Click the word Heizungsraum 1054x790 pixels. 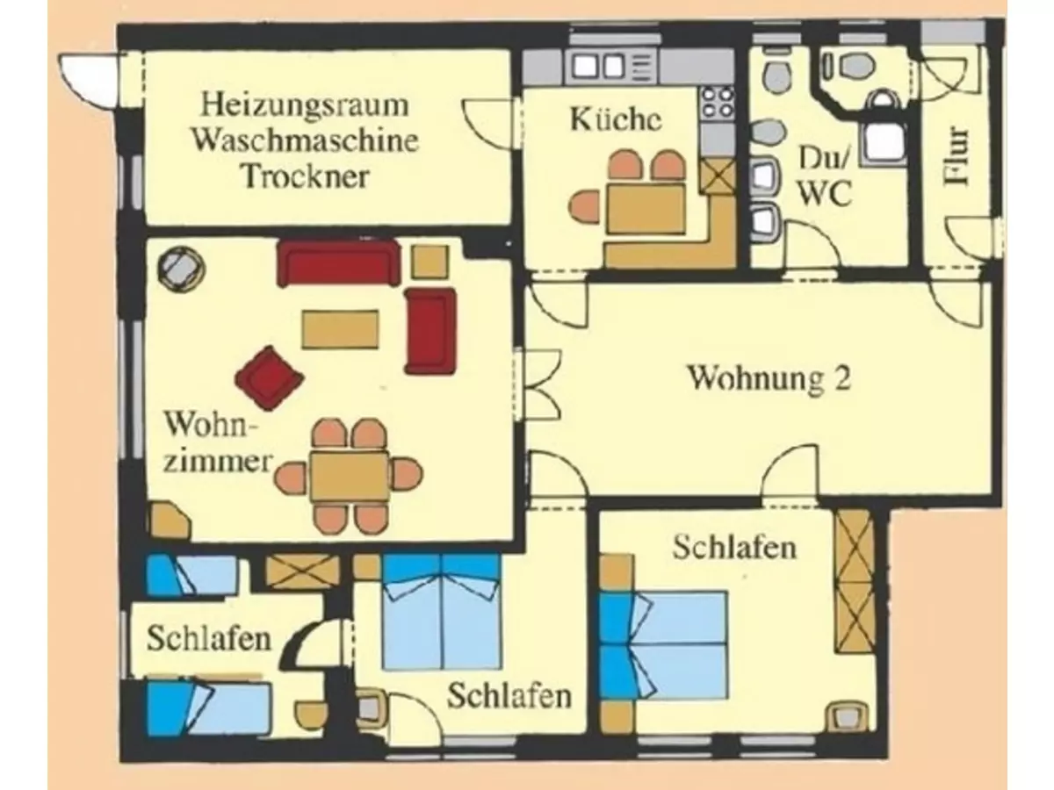(305, 106)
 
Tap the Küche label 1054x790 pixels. (615, 120)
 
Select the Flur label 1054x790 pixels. (957, 158)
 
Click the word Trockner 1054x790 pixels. (304, 176)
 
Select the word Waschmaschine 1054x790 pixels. (305, 140)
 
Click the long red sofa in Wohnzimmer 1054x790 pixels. (338, 262)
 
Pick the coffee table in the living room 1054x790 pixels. (341, 328)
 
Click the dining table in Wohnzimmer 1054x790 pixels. (350, 476)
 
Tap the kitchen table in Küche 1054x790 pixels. (646, 206)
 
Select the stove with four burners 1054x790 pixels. (717, 103)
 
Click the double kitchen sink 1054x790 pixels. (596, 66)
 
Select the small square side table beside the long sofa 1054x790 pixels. (430, 260)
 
